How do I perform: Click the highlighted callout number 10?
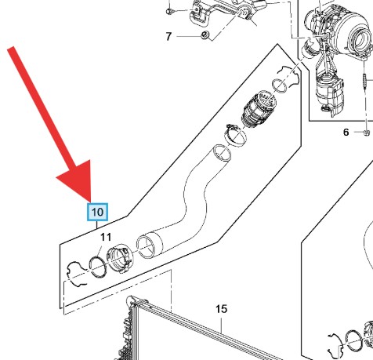pyautogui.click(x=97, y=212)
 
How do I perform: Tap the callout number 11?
pyautogui.click(x=106, y=237)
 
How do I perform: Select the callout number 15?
pyautogui.click(x=221, y=309)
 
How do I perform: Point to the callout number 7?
pyautogui.click(x=168, y=36)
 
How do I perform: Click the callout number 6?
pyautogui.click(x=346, y=133)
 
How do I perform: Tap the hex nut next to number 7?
pyautogui.click(x=205, y=35)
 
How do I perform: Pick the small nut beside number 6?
pyautogui.click(x=367, y=133)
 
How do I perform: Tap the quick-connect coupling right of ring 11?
pyautogui.click(x=120, y=258)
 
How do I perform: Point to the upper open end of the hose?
pyautogui.click(x=222, y=152)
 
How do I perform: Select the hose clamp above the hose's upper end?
pyautogui.click(x=235, y=135)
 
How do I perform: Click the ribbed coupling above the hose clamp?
pyautogui.click(x=260, y=109)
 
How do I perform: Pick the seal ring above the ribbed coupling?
pyautogui.click(x=280, y=85)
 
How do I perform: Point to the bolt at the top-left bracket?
pyautogui.click(x=168, y=10)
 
